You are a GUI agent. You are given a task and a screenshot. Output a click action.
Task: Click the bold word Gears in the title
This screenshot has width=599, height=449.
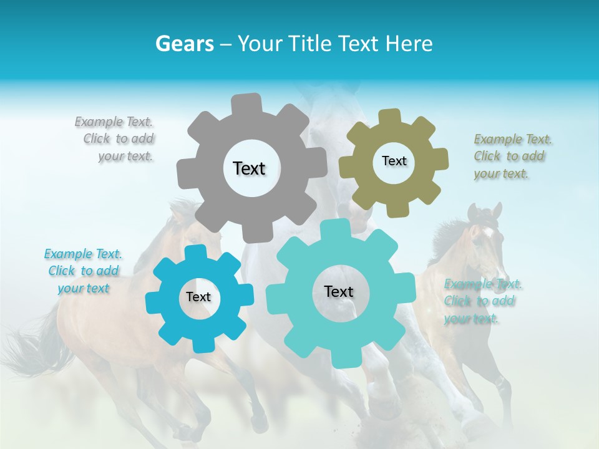[185, 44]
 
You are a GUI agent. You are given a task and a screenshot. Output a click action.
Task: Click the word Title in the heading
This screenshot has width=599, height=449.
[310, 44]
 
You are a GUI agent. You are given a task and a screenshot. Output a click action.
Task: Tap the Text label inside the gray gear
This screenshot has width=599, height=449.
[249, 168]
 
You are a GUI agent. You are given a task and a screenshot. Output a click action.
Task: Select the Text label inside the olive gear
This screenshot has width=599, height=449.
[394, 161]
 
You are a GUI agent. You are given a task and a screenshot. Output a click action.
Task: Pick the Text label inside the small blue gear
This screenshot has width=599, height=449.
[198, 297]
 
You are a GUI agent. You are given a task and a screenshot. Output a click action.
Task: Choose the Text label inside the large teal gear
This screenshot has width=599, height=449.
[339, 291]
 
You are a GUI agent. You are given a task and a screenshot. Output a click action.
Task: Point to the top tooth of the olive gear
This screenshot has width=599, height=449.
[390, 117]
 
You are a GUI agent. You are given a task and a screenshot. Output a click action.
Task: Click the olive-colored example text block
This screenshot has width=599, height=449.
[510, 156]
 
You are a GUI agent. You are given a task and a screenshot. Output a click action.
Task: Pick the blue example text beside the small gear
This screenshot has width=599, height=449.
[83, 271]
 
